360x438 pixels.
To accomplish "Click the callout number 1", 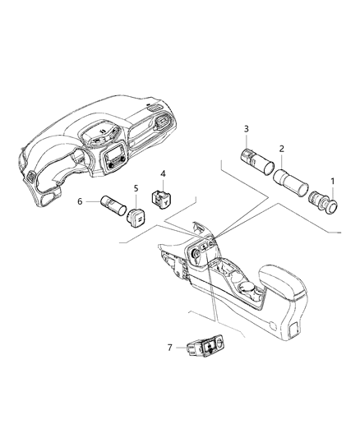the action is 332,182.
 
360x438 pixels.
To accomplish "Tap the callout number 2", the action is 282,149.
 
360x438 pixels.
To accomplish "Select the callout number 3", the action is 246,129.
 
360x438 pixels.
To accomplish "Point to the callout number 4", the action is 163,174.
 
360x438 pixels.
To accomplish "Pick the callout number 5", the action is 136,188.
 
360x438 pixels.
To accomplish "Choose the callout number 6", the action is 80,201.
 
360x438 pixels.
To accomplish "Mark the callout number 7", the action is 170,348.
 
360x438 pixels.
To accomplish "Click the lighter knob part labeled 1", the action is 323,202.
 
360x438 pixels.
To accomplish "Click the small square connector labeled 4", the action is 161,198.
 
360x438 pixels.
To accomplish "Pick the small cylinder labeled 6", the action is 113,205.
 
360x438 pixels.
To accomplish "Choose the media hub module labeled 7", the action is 205,347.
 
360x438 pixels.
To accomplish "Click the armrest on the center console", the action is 282,283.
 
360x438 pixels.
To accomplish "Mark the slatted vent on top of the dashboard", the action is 155,108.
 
